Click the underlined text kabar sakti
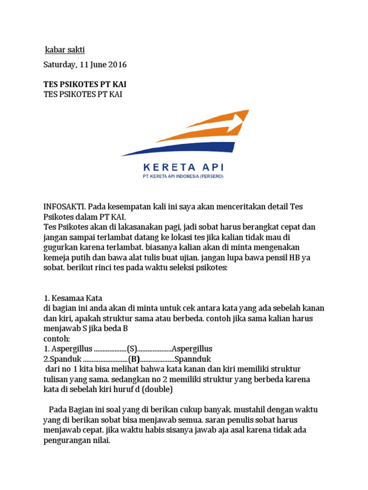click(x=64, y=50)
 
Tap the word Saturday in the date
click(x=59, y=65)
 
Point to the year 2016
click(x=117, y=65)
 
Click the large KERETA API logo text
click(x=183, y=167)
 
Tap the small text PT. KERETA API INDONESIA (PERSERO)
click(x=183, y=177)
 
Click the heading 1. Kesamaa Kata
click(x=73, y=298)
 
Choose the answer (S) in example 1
click(x=132, y=349)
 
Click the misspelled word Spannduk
click(x=194, y=359)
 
